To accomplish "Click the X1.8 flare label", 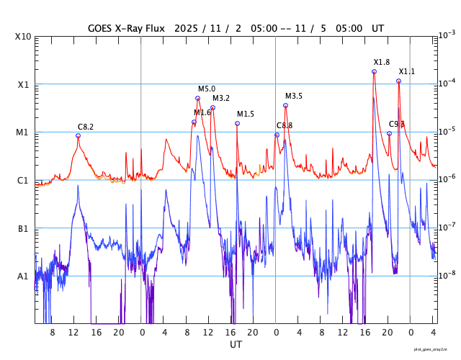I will (x=382, y=63).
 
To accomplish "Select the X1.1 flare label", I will (x=407, y=71).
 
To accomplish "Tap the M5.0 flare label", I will (x=207, y=89).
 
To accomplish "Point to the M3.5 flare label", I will (x=294, y=96).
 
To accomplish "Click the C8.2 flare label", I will (x=86, y=127).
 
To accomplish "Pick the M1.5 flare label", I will (x=246, y=114).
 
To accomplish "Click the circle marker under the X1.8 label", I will (x=374, y=71).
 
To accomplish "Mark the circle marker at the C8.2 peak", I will (x=78, y=135).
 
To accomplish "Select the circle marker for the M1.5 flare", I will (x=237, y=124).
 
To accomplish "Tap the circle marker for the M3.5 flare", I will (x=286, y=106).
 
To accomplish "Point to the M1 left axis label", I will (x=23, y=132).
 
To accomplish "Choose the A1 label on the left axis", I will (x=23, y=276).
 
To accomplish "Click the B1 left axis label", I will (x=23, y=229).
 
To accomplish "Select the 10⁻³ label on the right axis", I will (x=447, y=35).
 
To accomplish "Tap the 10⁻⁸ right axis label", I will (x=447, y=274).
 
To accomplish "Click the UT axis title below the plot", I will (x=236, y=345).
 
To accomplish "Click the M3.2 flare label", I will (x=221, y=99).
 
